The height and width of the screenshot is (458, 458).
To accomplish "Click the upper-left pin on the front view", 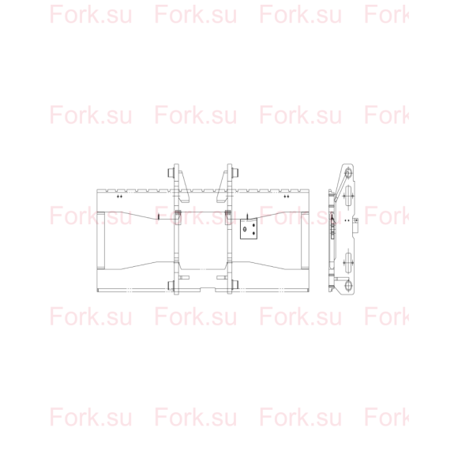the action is point(171,173).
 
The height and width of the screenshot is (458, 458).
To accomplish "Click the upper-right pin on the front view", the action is point(235,173).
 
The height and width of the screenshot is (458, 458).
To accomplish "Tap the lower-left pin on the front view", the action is point(171,285).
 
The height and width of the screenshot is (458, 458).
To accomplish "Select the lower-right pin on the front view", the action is point(235,285).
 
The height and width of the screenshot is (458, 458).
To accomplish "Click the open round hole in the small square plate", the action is point(245,229).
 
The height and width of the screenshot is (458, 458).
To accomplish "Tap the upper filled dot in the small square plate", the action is point(253,225).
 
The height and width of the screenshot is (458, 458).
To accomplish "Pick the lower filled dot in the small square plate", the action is point(253,233).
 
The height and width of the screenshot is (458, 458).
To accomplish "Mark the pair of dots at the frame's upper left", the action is point(119,197).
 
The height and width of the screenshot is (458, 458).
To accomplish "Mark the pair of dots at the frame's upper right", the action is point(286,197).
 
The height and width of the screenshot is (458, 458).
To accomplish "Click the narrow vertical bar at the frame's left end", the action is point(101,240).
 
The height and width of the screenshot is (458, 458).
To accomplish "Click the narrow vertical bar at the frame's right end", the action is point(305,240).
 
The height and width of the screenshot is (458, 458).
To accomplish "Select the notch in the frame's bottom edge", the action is point(208,289).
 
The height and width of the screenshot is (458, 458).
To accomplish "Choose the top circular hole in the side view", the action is point(348,173).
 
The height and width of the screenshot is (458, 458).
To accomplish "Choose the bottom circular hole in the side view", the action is point(348,285).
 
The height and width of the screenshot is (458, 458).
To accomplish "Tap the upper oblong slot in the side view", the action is point(348,197).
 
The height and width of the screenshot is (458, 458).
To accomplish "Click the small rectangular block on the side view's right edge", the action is point(356,221).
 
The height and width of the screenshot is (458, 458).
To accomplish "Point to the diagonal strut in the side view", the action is point(342,186).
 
